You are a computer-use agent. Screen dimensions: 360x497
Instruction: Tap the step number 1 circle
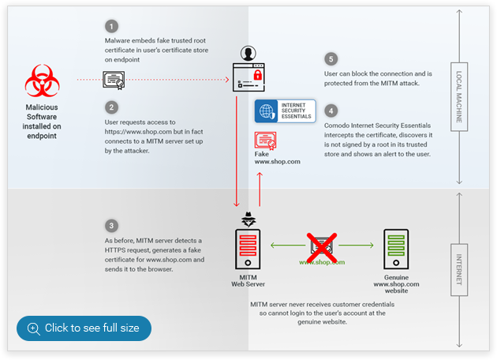click(x=113, y=26)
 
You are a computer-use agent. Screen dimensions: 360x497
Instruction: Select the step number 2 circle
click(x=113, y=107)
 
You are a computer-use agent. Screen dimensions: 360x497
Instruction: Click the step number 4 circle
click(x=331, y=111)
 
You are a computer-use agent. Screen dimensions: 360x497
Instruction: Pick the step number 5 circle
click(x=331, y=59)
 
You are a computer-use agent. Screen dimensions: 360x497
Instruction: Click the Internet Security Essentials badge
click(x=285, y=111)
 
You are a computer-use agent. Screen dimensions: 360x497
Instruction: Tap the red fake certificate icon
click(x=265, y=141)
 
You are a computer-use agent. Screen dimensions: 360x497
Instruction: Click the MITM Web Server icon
click(x=248, y=250)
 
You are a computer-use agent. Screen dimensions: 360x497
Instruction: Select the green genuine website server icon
click(x=396, y=250)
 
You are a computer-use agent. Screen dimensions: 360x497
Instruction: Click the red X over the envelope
click(x=322, y=246)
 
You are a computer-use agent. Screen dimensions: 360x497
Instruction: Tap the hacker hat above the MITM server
click(x=248, y=218)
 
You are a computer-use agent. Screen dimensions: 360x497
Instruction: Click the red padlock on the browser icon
click(x=257, y=75)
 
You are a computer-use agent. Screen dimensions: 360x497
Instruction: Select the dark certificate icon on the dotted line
click(x=114, y=80)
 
